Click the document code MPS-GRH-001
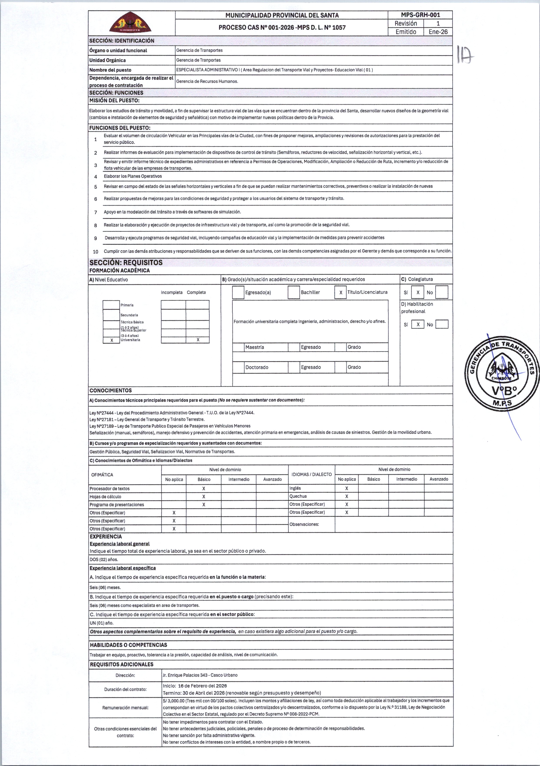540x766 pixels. tap(420, 15)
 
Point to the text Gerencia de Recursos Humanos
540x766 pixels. tap(207, 81)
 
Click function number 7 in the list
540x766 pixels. tap(95, 212)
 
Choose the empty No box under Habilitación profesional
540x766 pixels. tap(442, 324)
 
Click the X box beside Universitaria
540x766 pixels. tap(111, 340)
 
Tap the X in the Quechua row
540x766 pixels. tap(346, 496)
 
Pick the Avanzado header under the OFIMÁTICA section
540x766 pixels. tap(272, 479)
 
